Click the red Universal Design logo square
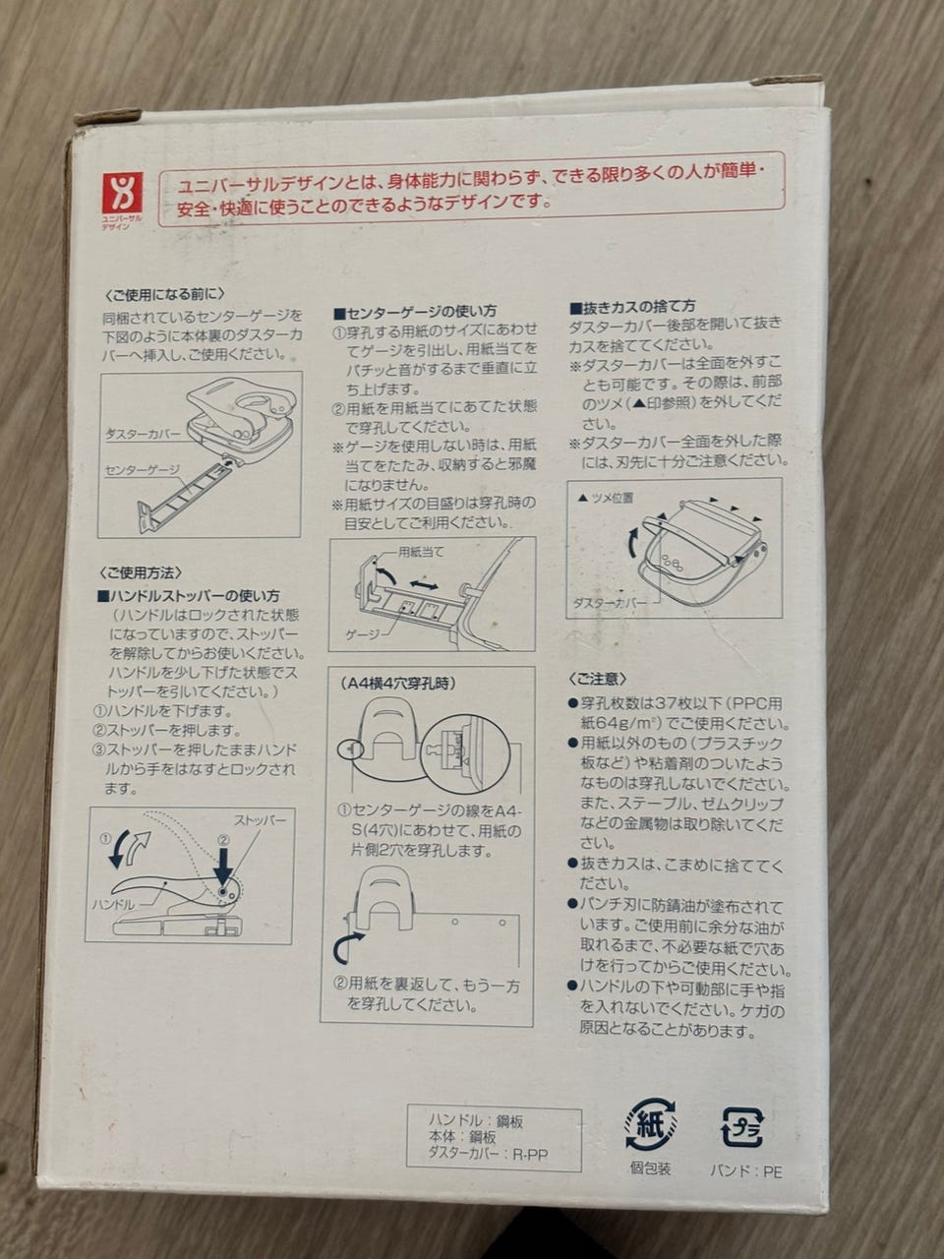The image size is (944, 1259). point(122,193)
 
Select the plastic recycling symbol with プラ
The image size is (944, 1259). point(742,1126)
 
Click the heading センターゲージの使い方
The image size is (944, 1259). point(416,313)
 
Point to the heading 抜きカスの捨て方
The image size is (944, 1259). point(632,308)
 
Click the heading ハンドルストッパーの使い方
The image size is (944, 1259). point(189,596)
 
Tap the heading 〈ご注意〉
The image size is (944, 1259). point(597,679)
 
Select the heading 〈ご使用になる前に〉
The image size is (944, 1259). point(165,295)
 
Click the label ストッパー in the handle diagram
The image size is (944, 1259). point(260,820)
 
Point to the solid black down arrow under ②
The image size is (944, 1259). point(222,868)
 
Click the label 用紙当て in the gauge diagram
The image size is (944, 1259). point(421,553)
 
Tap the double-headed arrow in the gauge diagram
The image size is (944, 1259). point(424,585)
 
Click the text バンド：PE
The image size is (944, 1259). point(745,1170)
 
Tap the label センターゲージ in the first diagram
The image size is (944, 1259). point(143,470)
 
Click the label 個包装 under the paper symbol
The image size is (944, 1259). point(651,1169)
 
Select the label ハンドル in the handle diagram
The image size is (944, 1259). point(113,905)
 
